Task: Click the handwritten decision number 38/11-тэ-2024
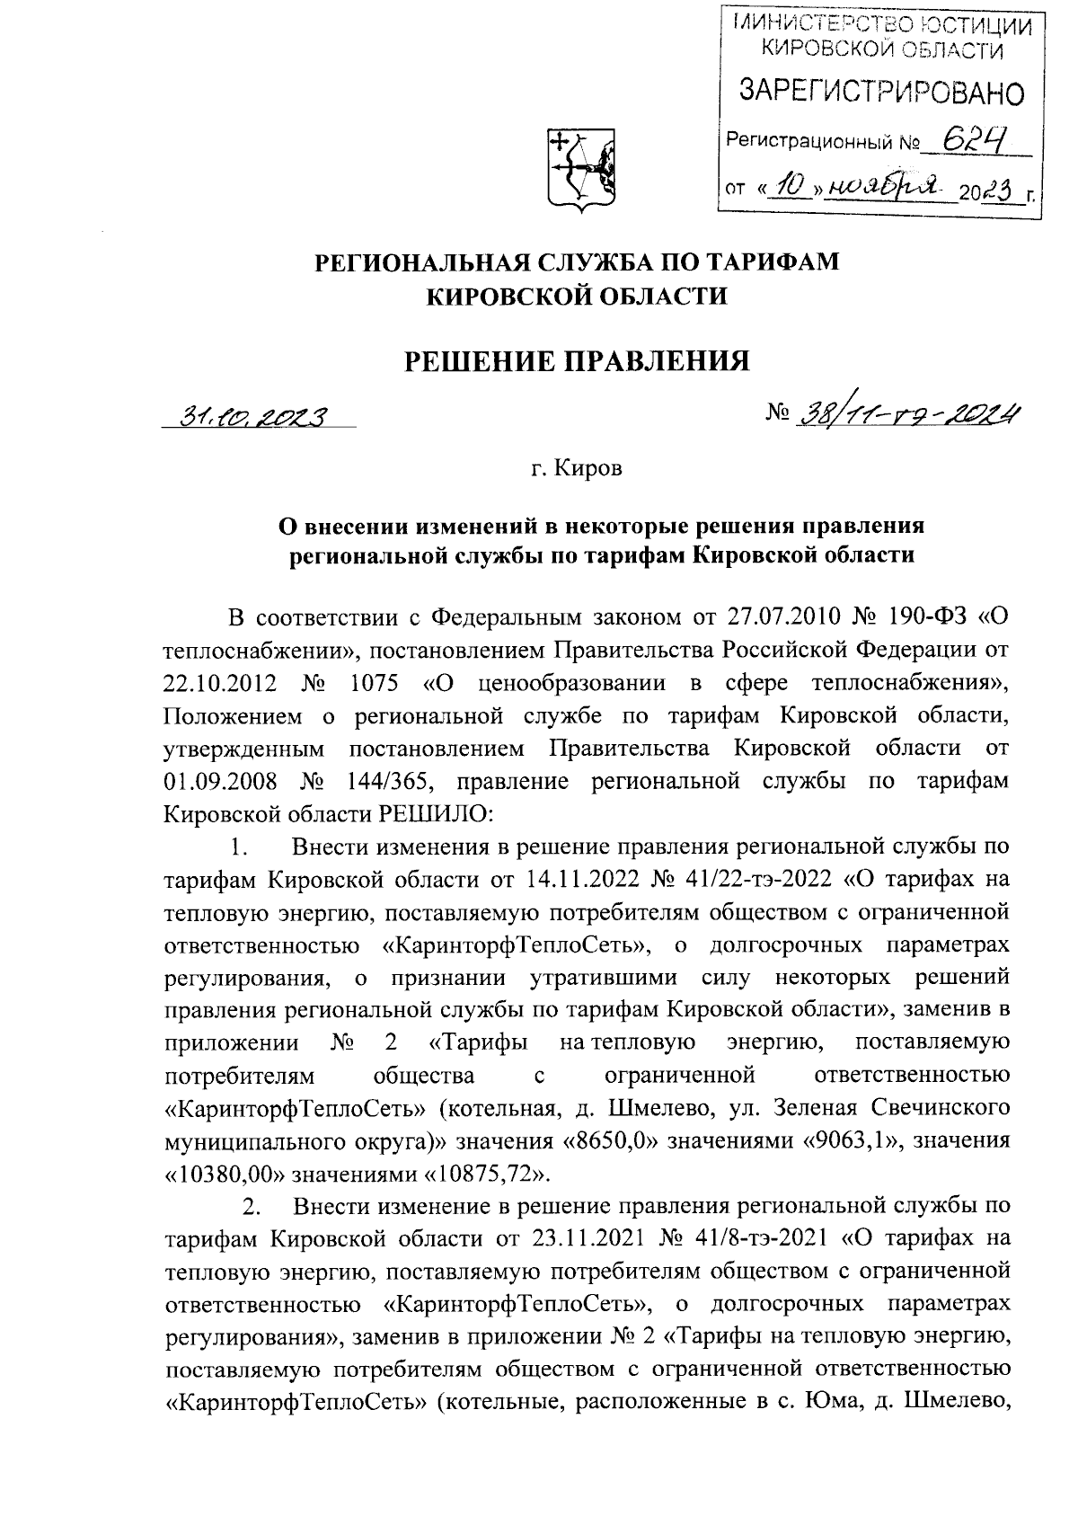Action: click(x=908, y=412)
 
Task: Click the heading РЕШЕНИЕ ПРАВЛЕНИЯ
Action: click(x=576, y=361)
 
